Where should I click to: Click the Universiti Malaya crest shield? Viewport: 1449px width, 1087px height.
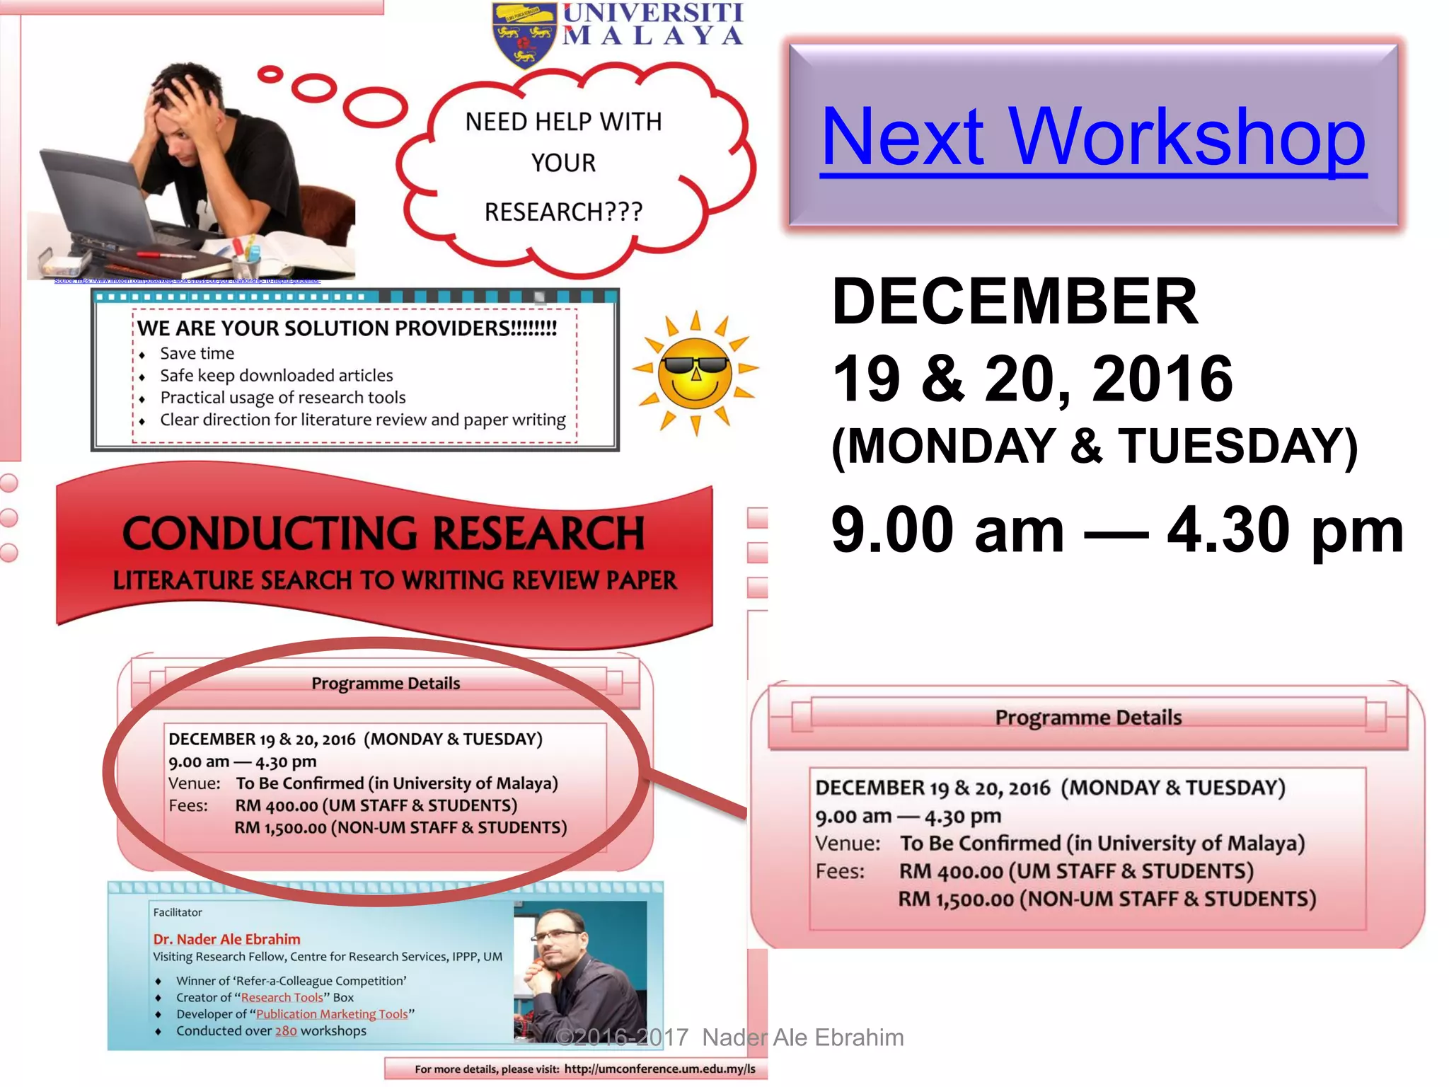(x=524, y=34)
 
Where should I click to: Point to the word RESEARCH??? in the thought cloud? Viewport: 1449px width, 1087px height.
(x=563, y=212)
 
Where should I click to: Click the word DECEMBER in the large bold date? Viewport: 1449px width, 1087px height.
(x=1015, y=301)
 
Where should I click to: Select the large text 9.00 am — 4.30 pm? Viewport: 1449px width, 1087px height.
(x=1117, y=530)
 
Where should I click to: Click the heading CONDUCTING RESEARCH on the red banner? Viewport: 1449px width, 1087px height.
(x=383, y=533)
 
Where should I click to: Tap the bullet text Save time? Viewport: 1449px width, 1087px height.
(x=197, y=353)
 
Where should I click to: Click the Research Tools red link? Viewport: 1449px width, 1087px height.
(x=282, y=997)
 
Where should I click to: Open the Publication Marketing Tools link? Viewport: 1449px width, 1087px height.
(x=332, y=1014)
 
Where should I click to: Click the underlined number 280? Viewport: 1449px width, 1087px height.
(x=286, y=1031)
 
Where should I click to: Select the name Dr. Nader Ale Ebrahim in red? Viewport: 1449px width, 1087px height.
(x=226, y=939)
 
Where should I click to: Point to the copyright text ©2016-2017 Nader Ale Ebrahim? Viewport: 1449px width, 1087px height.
(x=729, y=1037)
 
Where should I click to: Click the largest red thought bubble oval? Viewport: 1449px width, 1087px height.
(x=375, y=107)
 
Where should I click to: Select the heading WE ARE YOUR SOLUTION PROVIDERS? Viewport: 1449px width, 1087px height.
(x=347, y=328)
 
